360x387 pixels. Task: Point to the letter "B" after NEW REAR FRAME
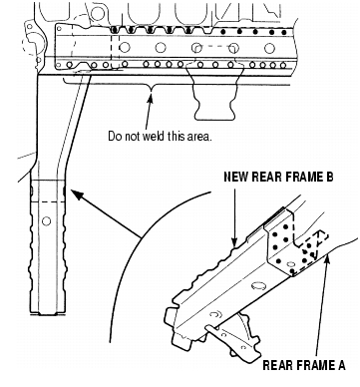(329, 177)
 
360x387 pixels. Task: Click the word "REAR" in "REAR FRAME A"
(277, 365)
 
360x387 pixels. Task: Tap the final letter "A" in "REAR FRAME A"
(341, 365)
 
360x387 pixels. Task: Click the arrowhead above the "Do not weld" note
(151, 98)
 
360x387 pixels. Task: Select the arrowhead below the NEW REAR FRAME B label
(235, 243)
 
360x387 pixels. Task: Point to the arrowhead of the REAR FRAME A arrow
(328, 258)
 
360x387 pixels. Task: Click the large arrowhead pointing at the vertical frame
(77, 194)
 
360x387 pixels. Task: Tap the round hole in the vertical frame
(46, 220)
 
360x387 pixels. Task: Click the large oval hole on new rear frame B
(258, 285)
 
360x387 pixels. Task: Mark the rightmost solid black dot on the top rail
(283, 32)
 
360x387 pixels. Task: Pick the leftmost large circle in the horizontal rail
(125, 47)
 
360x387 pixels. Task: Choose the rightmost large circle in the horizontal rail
(269, 48)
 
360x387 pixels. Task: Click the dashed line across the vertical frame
(48, 201)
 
